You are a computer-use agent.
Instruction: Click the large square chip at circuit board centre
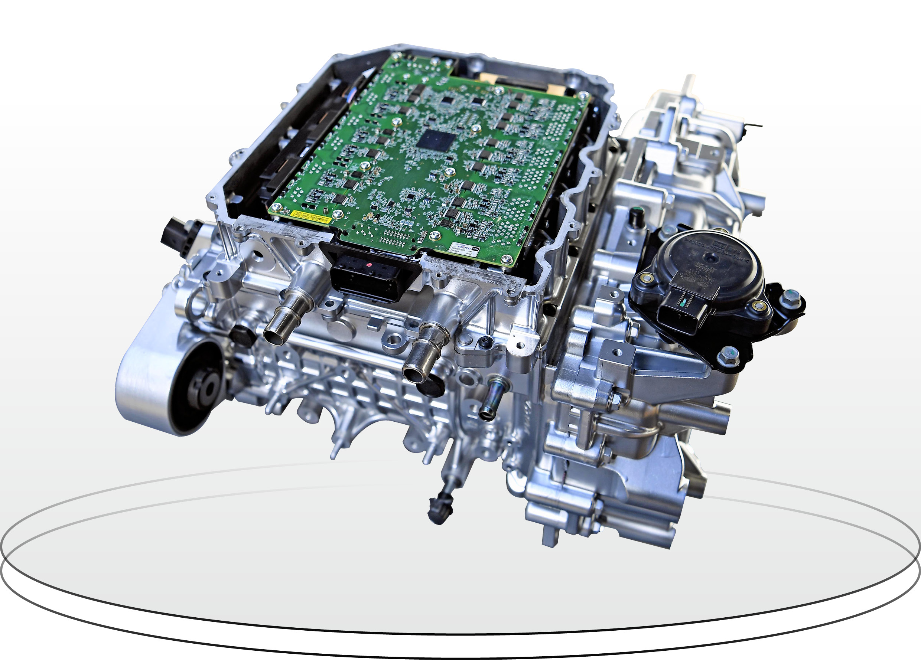[436, 141]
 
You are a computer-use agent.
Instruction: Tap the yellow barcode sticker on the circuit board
[311, 216]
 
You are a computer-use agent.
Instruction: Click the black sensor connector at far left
[175, 235]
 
